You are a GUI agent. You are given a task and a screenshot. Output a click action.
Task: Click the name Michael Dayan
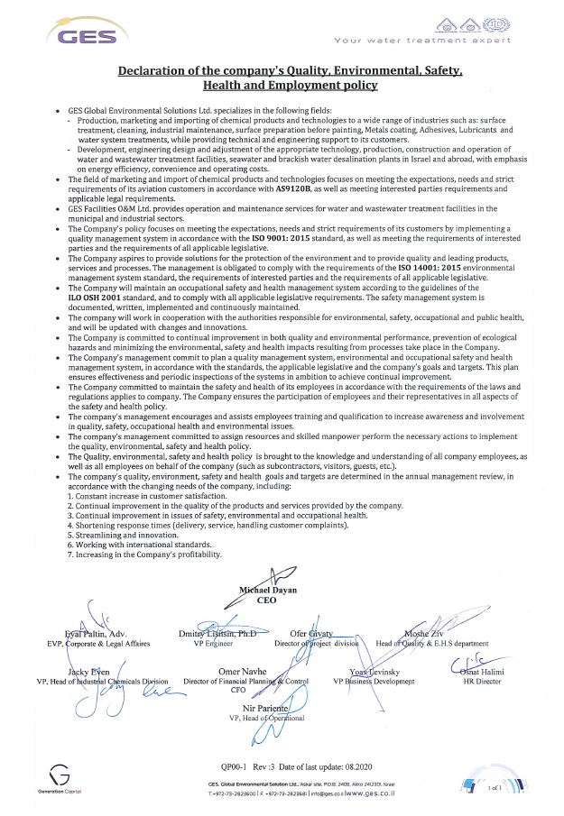268,591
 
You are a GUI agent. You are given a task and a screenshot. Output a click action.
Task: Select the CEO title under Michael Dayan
267,601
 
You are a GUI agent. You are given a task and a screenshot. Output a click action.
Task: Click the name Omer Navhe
244,673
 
